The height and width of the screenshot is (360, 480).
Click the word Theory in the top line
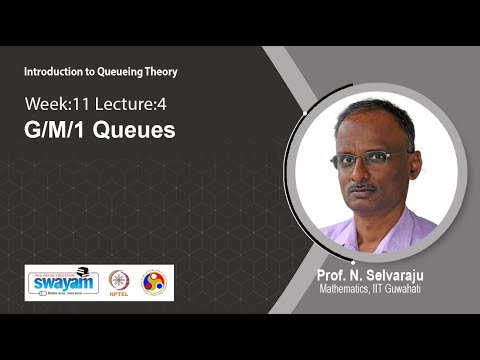click(158, 72)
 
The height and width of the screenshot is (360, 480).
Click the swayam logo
click(63, 282)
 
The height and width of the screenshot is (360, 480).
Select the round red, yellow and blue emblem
click(154, 282)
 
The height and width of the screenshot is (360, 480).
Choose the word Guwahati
click(412, 290)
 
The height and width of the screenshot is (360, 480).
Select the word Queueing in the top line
click(113, 72)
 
